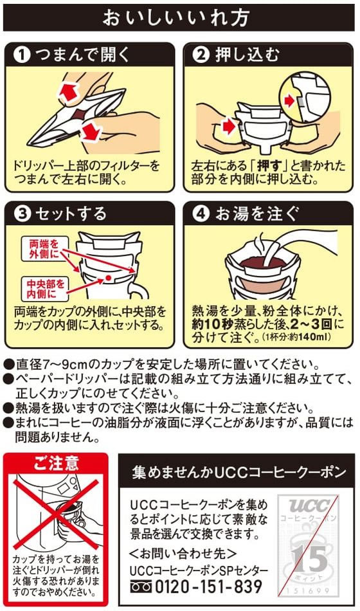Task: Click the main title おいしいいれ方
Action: coord(179,16)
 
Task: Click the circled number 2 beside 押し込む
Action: coord(202,55)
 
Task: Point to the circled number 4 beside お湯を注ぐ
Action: coord(202,213)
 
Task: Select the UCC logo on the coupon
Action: coord(310,505)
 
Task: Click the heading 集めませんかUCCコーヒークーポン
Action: coord(239,471)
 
